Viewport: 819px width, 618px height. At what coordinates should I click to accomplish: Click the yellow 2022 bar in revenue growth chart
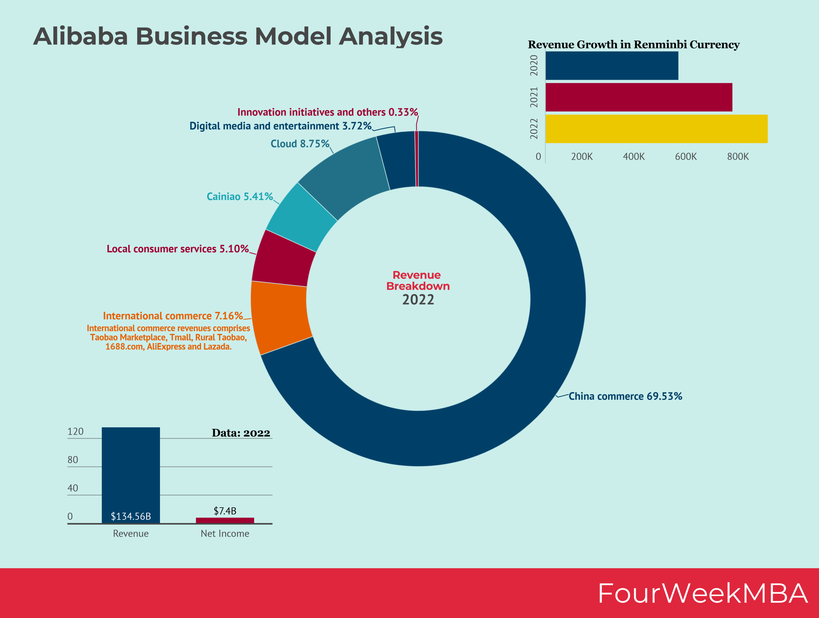656,129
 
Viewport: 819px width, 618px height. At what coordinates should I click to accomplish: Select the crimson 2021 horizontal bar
639,97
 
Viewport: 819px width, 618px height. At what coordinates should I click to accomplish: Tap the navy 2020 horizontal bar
612,66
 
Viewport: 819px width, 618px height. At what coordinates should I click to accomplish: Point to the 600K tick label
686,157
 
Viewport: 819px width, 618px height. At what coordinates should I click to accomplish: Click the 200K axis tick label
582,157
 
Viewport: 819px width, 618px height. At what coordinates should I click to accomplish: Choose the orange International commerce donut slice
281,317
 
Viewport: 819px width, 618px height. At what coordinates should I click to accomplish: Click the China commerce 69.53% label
625,396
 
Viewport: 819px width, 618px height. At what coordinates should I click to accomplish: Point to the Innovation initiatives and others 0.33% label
328,112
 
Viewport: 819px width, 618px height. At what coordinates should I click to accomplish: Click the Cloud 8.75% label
300,144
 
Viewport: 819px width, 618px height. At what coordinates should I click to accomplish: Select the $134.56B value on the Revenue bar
131,516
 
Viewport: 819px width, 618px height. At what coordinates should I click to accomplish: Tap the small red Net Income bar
225,520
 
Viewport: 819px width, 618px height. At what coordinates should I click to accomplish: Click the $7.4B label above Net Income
225,511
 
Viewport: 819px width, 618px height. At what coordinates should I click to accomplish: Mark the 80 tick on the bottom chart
73,460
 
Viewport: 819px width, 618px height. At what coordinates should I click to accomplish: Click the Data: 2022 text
241,433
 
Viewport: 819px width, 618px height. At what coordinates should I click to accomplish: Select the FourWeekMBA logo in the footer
702,593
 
